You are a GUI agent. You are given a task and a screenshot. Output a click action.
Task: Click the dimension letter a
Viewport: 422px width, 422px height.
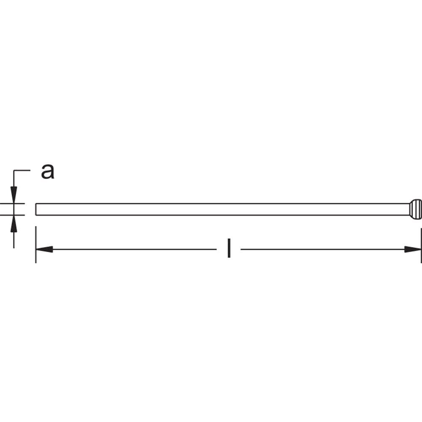(48, 171)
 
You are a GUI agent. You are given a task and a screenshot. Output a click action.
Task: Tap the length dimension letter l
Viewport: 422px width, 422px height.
(229, 248)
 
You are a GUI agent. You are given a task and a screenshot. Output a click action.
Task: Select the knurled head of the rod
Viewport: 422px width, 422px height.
(416, 209)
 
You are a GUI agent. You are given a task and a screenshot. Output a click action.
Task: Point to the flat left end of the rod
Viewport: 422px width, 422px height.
(36, 209)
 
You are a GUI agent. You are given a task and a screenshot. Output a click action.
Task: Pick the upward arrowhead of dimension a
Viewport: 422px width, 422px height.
(14, 224)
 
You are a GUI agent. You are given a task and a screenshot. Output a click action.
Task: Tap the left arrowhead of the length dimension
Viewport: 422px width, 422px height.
(44, 249)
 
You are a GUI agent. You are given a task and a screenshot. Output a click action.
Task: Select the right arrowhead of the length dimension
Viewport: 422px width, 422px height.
(413, 249)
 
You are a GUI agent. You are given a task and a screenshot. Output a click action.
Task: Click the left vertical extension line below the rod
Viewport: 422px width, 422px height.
(36, 245)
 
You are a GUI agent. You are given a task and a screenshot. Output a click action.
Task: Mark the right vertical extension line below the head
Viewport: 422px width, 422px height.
(421, 245)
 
